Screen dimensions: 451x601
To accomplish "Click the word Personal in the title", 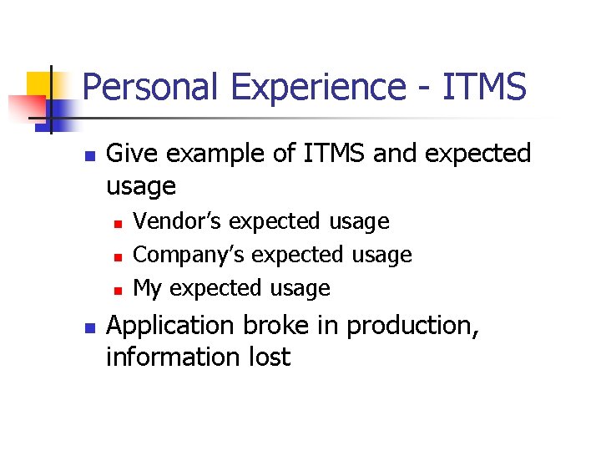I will click(144, 87).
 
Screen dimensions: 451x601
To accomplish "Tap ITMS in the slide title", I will click(487, 87).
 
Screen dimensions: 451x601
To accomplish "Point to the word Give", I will click(132, 154).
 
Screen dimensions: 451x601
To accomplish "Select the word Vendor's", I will click(179, 221).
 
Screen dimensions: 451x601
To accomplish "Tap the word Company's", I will click(190, 255).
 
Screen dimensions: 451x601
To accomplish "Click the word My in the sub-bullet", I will click(147, 289).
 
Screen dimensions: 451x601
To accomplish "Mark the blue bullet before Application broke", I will click(92, 327).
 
